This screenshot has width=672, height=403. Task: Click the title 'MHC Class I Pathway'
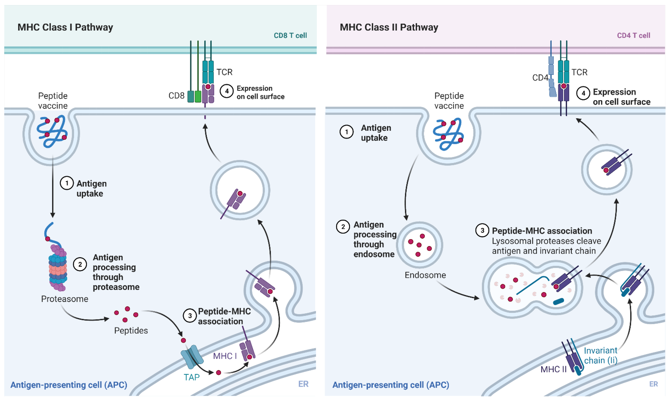65,27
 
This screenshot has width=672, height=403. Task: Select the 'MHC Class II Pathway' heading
389,27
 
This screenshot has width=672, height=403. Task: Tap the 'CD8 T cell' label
290,35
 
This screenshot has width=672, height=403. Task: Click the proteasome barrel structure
58,269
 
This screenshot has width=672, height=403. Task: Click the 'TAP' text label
192,377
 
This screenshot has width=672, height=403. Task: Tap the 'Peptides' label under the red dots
131,331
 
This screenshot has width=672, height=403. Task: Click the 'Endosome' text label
425,275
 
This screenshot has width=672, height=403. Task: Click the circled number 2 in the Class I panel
80,264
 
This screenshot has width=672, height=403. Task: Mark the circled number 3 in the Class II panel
482,231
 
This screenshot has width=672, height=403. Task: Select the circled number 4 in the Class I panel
227,91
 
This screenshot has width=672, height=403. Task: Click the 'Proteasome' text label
65,299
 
